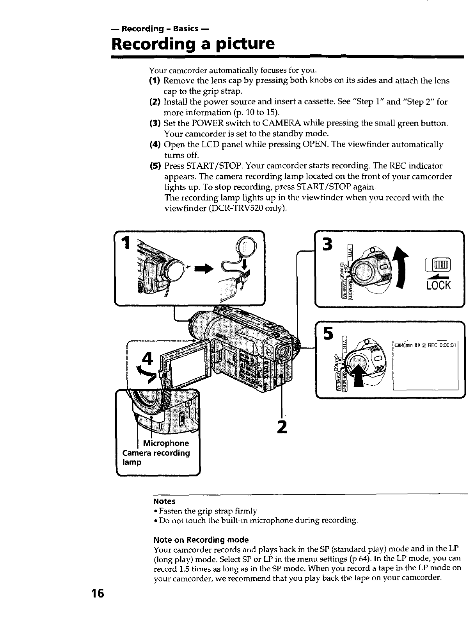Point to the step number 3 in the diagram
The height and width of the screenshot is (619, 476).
(x=327, y=245)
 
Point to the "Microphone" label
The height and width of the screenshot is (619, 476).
(x=166, y=443)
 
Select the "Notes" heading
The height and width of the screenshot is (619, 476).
(x=164, y=501)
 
